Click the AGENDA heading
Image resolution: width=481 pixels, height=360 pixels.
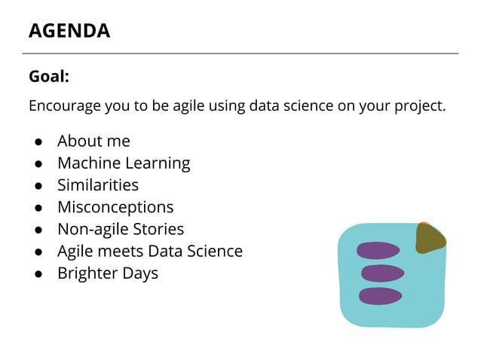pyautogui.click(x=69, y=31)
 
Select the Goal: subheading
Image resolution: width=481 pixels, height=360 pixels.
pyautogui.click(x=49, y=76)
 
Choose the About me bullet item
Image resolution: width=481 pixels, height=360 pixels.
pyautogui.click(x=93, y=141)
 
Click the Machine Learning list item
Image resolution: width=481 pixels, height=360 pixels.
pyautogui.click(x=124, y=163)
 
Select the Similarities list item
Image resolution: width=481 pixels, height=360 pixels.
pyautogui.click(x=98, y=185)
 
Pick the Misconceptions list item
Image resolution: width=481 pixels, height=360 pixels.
pyautogui.click(x=115, y=206)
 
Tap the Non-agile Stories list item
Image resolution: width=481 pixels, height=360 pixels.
pyautogui.click(x=121, y=228)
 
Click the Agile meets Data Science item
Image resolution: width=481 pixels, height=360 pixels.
pyautogui.click(x=150, y=251)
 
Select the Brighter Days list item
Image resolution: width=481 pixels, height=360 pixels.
pyautogui.click(x=108, y=273)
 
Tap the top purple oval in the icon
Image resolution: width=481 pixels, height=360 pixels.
pyautogui.click(x=378, y=250)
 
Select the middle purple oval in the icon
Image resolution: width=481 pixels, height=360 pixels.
pyautogui.click(x=382, y=273)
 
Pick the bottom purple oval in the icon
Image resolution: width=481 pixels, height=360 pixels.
pyautogui.click(x=380, y=296)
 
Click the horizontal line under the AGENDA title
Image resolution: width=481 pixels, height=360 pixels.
pyautogui.click(x=240, y=53)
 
